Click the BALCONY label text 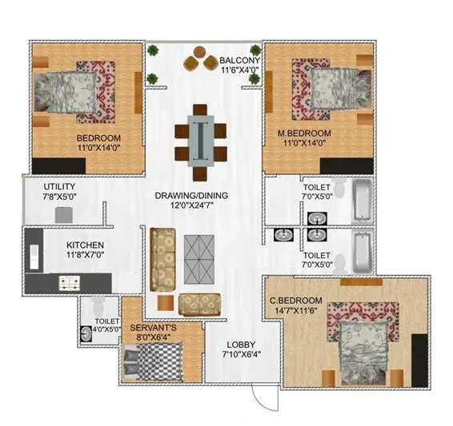[x=240, y=60]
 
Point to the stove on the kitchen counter [x=67, y=282]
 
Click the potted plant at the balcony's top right [x=255, y=50]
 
